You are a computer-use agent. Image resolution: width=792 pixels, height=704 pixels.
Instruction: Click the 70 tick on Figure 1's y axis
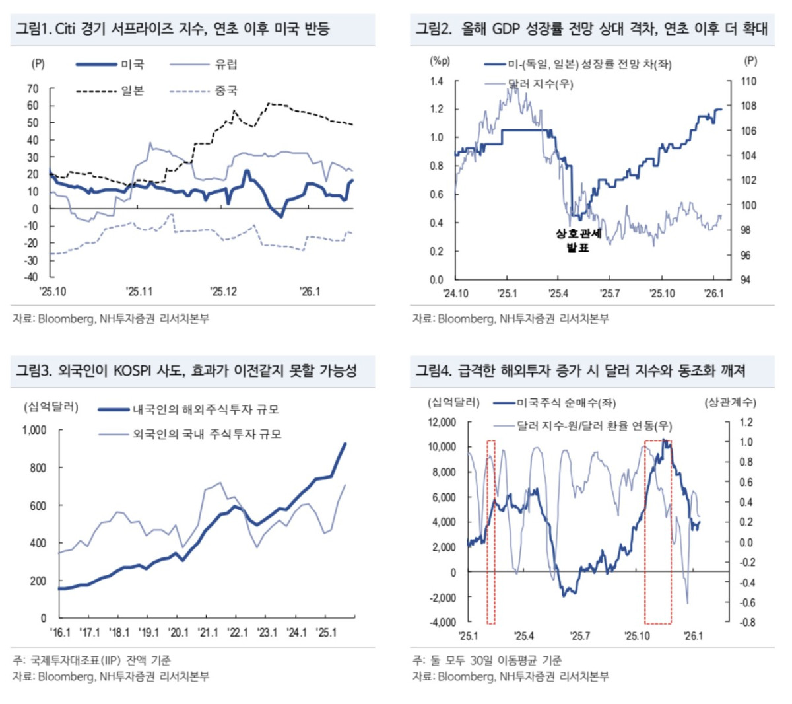pos(33,88)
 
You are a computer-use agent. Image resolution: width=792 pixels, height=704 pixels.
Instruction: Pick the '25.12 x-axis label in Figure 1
pos(223,291)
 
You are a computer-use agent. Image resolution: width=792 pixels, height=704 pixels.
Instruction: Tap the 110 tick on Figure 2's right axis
pos(748,81)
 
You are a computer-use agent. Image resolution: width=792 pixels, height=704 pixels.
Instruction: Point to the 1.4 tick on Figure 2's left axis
pos(437,81)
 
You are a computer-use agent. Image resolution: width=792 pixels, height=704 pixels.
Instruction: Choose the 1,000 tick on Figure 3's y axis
pos(34,430)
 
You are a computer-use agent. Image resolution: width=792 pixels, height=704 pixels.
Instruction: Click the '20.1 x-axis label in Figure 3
pos(178,633)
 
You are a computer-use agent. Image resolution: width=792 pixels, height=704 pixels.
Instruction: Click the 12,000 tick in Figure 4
pos(442,422)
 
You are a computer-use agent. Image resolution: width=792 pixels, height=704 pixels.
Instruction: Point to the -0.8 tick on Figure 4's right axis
pos(745,622)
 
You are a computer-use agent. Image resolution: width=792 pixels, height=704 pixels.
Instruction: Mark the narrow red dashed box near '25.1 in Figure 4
pos(491,532)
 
